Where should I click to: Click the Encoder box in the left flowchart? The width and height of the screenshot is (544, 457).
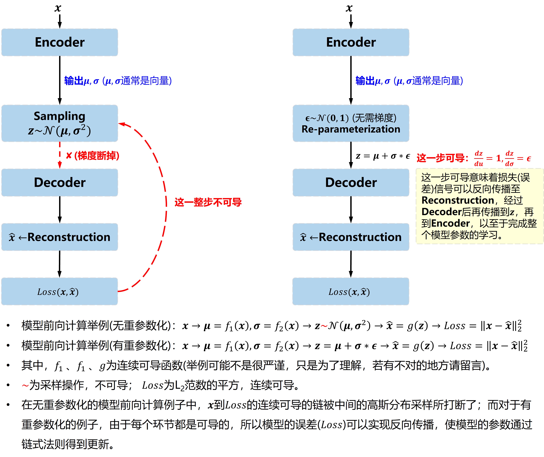coord(60,42)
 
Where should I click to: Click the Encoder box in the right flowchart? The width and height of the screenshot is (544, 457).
coord(351,42)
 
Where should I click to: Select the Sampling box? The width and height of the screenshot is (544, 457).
coord(60,123)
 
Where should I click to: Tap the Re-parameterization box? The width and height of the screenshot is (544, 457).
coord(351,123)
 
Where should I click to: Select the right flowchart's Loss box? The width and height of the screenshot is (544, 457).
coord(351,291)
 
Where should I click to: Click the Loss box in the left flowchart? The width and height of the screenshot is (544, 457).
coord(60,291)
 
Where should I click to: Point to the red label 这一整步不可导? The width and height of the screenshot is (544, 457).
coord(208,202)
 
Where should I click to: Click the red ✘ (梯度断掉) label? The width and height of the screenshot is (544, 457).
coord(93,156)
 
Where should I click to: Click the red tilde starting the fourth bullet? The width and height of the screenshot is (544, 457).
coord(25,385)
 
